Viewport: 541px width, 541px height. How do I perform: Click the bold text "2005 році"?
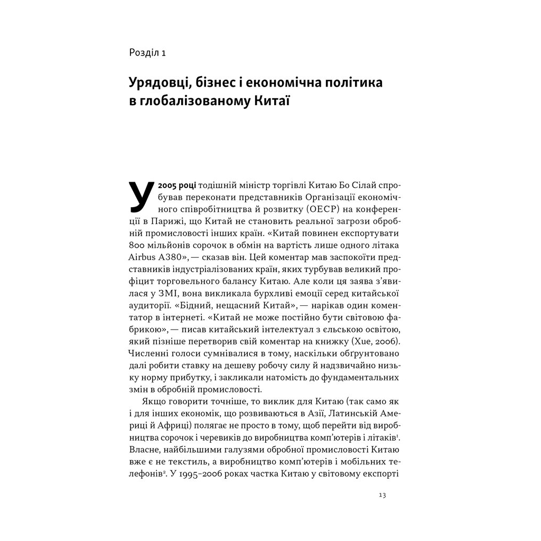tap(174, 187)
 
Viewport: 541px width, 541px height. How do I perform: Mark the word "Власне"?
tap(143, 450)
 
